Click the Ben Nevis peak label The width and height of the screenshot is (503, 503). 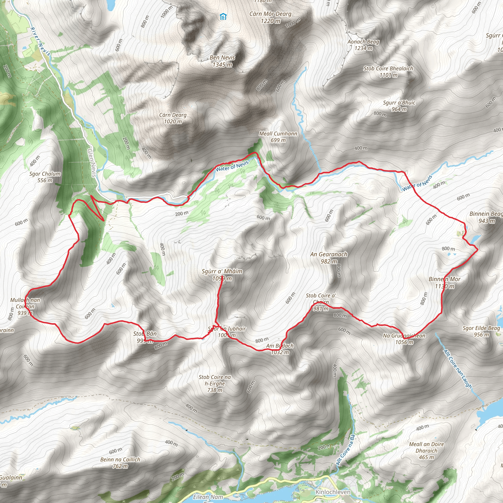click(x=222, y=61)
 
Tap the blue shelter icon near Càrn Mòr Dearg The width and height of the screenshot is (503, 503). click(x=223, y=17)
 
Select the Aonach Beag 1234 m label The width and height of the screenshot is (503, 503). click(x=363, y=45)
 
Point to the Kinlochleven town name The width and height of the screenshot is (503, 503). click(x=333, y=492)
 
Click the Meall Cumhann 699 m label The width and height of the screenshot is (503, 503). click(x=278, y=137)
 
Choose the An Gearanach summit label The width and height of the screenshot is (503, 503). click(x=329, y=257)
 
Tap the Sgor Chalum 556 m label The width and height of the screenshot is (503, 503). click(x=45, y=177)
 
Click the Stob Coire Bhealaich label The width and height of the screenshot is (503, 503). click(x=388, y=72)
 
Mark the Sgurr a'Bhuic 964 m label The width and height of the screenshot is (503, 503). click(x=399, y=106)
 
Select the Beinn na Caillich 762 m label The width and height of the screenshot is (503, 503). click(x=120, y=463)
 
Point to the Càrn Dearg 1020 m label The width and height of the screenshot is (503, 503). click(x=173, y=118)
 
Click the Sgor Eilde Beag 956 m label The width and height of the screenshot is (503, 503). click(x=481, y=331)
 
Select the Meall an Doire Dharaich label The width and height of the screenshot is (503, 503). click(x=426, y=451)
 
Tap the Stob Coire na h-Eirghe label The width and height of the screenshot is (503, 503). click(x=215, y=383)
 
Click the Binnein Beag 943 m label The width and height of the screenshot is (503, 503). click(x=486, y=217)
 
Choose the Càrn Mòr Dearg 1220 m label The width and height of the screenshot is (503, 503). click(x=270, y=17)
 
